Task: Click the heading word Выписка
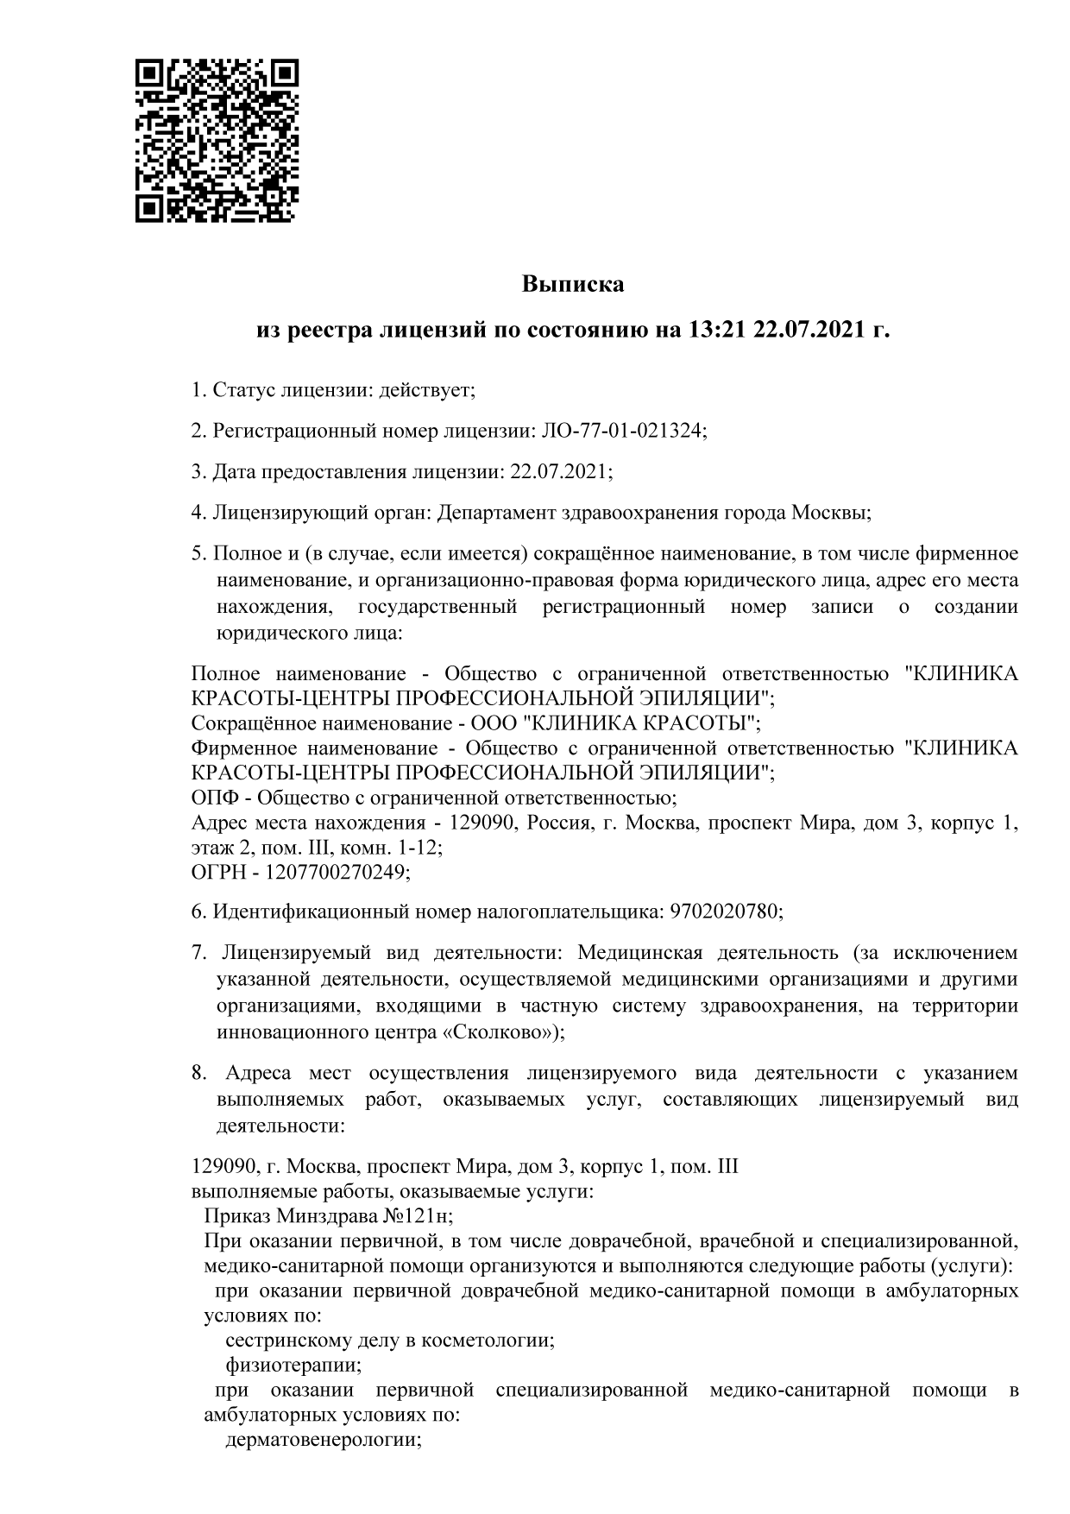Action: tap(572, 284)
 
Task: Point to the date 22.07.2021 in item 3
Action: tap(560, 472)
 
